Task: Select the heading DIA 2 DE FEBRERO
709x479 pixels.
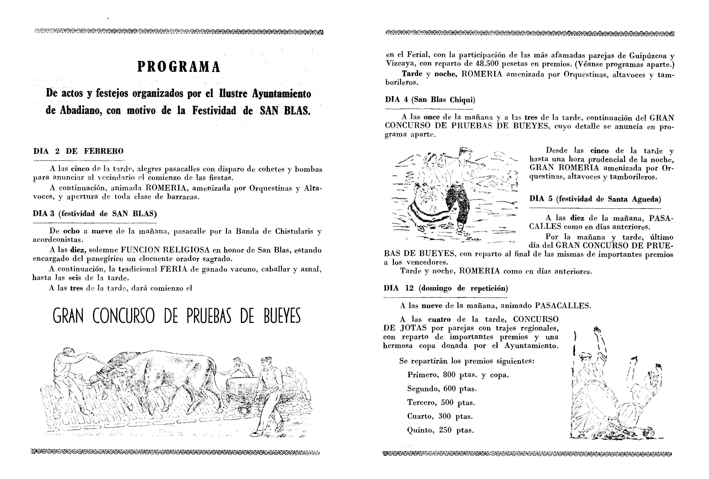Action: (78, 151)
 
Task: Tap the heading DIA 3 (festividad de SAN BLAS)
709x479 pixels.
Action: (95, 213)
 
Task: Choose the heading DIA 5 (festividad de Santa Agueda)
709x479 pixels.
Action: (595, 199)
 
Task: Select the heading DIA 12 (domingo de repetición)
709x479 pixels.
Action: (445, 288)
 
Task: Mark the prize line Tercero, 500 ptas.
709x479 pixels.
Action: (441, 402)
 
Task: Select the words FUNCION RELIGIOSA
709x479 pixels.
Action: (165, 250)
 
